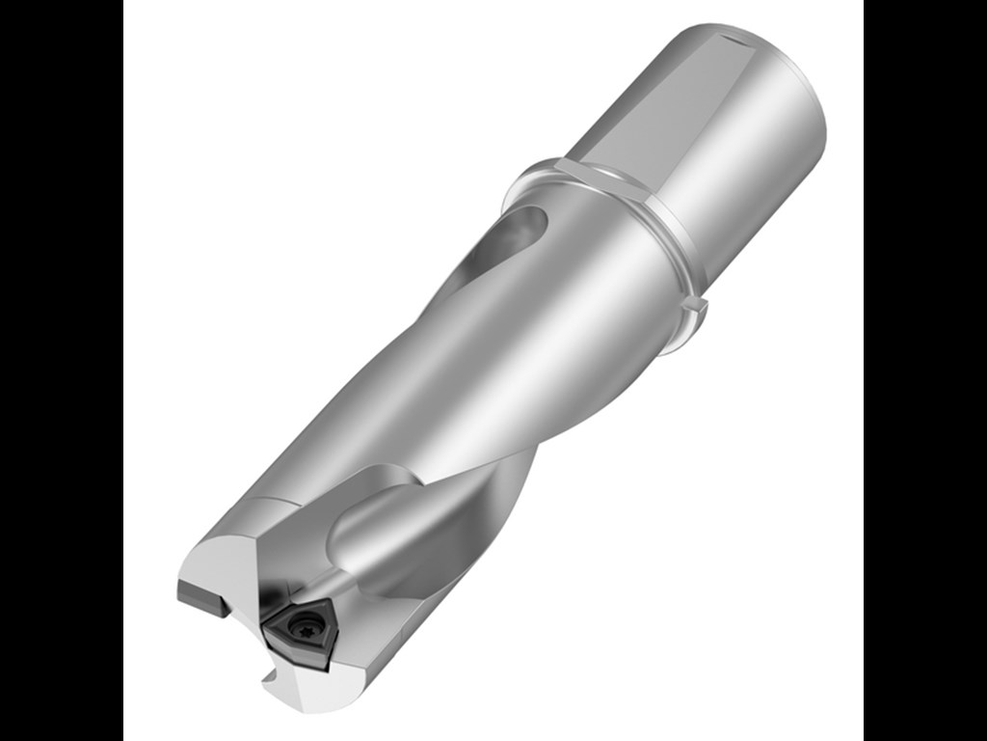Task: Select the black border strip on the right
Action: (x=925, y=370)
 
